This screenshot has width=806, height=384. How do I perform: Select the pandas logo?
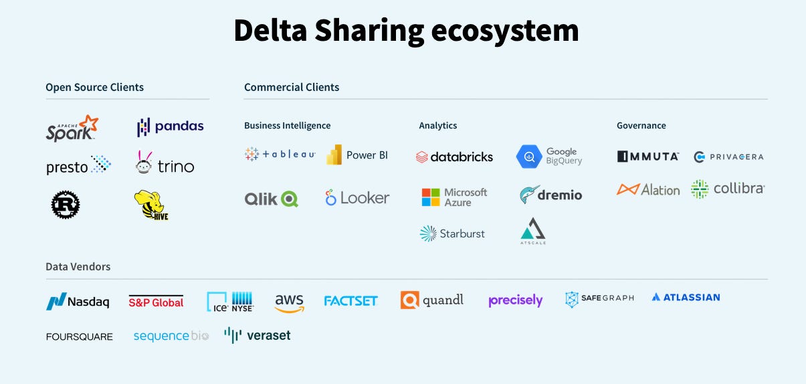click(170, 126)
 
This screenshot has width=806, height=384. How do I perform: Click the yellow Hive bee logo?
click(150, 205)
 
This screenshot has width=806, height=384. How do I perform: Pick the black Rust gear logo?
click(66, 205)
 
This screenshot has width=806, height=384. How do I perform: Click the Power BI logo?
click(357, 155)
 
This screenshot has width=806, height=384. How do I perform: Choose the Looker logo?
click(357, 198)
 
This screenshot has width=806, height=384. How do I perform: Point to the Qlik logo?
click(271, 199)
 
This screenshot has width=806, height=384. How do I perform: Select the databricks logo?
click(454, 157)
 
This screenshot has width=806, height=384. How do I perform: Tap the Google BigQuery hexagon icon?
click(528, 157)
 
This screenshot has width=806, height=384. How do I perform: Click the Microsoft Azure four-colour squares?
click(431, 197)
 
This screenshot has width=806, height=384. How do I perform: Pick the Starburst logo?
click(452, 233)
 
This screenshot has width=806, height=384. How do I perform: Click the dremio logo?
click(550, 195)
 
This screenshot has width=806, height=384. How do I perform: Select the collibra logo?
click(727, 189)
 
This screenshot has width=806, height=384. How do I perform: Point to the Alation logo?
click(647, 190)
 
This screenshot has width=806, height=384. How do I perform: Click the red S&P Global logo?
click(156, 302)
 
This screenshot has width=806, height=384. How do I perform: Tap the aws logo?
click(289, 303)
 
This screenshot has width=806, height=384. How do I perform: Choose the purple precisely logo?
click(515, 300)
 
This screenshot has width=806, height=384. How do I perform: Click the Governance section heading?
click(641, 126)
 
